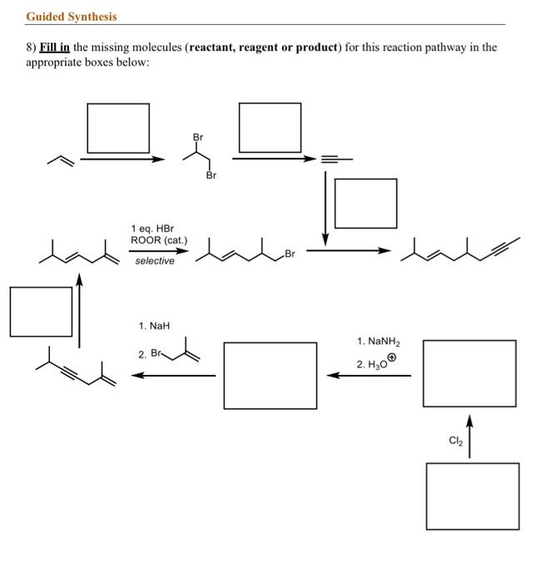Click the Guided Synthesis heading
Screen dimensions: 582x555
(x=72, y=16)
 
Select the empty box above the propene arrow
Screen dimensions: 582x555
(x=118, y=128)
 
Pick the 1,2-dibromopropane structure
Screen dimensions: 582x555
(x=200, y=156)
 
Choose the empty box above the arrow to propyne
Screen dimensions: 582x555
(x=270, y=127)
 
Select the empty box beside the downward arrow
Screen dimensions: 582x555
(x=366, y=204)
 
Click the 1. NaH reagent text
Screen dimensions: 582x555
(x=154, y=326)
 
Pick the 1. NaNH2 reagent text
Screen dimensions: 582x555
(x=379, y=341)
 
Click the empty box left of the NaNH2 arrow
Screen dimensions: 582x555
(x=270, y=376)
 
